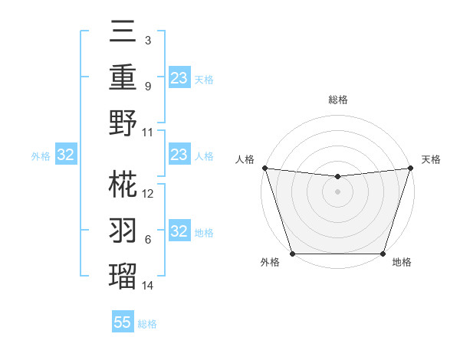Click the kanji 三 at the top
pyautogui.click(x=123, y=34)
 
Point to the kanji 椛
pyautogui.click(x=123, y=183)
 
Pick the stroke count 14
pyautogui.click(x=148, y=286)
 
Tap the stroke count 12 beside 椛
pyautogui.click(x=148, y=194)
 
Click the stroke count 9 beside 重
pyautogui.click(x=148, y=87)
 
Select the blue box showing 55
pyautogui.click(x=123, y=322)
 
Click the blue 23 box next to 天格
pyautogui.click(x=179, y=78)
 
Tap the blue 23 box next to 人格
pyautogui.click(x=179, y=155)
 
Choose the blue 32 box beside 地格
pyautogui.click(x=179, y=231)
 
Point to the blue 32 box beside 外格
pyautogui.click(x=66, y=155)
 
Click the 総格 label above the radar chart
pyautogui.click(x=337, y=100)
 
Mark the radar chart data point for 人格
pyautogui.click(x=264, y=168)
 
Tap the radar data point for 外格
pyautogui.click(x=292, y=254)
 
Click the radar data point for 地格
pyautogui.click(x=383, y=254)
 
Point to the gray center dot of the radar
pyautogui.click(x=337, y=191)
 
